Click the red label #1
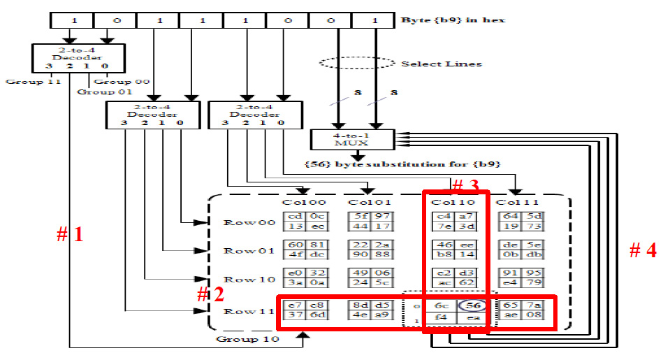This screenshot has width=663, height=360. [x=70, y=235]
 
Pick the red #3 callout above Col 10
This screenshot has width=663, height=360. [x=465, y=187]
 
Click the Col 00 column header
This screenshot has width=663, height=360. [x=300, y=203]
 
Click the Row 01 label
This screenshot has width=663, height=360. [x=239, y=250]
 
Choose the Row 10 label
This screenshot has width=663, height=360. [x=239, y=279]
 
